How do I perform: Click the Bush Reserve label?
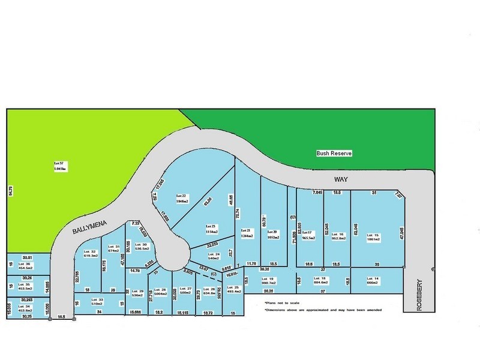point(334,154)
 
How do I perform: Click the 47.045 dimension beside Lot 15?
point(401,233)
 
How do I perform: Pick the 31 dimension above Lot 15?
point(374,193)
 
